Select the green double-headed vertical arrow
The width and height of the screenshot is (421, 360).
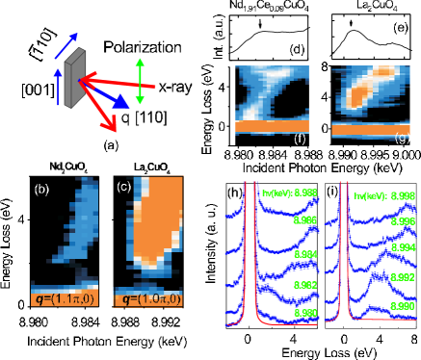141,81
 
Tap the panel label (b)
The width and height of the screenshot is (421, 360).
41,189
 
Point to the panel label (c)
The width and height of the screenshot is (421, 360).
123,186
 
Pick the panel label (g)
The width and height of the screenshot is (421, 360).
402,141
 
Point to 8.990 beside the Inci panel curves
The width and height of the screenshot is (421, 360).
305,313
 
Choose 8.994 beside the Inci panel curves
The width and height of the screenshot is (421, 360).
305,254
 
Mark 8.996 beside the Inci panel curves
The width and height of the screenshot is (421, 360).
305,220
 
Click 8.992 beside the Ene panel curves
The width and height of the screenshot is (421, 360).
403,276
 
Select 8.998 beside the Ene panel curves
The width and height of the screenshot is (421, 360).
403,195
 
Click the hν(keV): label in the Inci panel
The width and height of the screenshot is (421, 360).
276,193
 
